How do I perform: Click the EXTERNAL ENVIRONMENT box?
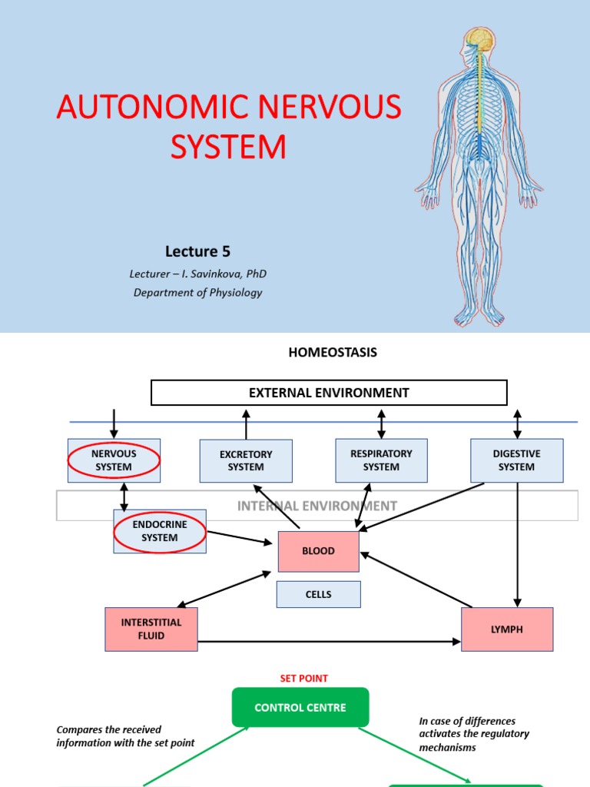[x=329, y=393]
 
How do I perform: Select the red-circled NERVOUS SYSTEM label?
[x=114, y=460]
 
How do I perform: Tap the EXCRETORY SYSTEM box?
[x=246, y=461]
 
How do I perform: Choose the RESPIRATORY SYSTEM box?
[x=381, y=460]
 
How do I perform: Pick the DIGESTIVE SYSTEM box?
[x=516, y=460]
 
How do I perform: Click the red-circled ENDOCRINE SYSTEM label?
[x=160, y=532]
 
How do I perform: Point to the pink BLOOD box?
[x=318, y=551]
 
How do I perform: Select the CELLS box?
[x=318, y=594]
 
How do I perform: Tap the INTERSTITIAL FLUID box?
[x=151, y=629]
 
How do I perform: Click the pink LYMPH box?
[x=506, y=629]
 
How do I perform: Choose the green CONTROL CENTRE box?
[x=300, y=707]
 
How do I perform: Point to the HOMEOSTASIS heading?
[x=333, y=353]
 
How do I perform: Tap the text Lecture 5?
[x=197, y=251]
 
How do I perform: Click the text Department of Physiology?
[x=197, y=292]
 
